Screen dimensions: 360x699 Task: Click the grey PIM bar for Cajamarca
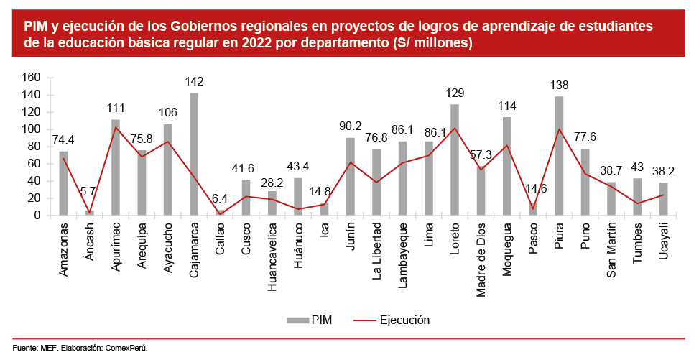194,154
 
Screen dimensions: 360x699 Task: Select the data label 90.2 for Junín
351,126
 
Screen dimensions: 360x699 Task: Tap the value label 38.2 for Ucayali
664,172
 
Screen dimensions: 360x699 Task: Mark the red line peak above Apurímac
116,128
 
